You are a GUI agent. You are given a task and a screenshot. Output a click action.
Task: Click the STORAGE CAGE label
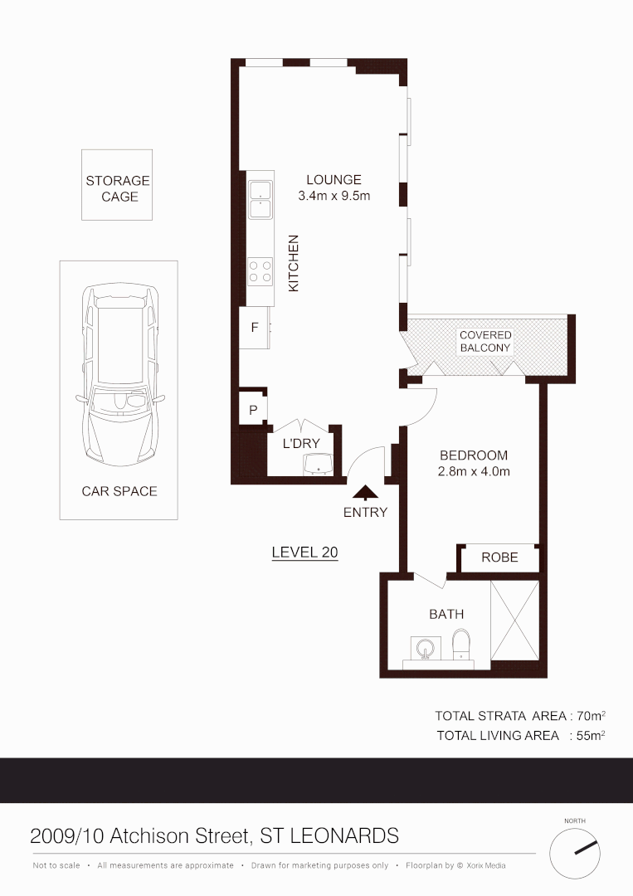click(117, 188)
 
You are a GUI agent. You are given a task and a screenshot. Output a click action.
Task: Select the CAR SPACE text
click(119, 491)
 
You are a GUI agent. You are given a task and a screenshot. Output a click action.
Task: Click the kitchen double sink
click(261, 199)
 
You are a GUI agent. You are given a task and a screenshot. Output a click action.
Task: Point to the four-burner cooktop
click(261, 271)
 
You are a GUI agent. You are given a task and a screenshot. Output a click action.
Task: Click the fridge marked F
click(255, 327)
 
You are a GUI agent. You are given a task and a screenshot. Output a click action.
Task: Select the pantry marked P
click(253, 410)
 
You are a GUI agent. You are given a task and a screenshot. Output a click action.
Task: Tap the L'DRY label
click(300, 444)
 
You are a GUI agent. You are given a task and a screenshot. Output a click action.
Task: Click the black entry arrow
click(365, 494)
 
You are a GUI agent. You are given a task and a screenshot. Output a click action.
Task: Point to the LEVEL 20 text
click(304, 553)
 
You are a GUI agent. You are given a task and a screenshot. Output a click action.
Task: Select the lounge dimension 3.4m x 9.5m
click(334, 197)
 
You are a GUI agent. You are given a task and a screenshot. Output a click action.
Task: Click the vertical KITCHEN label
click(293, 263)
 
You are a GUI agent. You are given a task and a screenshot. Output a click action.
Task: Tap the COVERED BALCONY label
click(485, 342)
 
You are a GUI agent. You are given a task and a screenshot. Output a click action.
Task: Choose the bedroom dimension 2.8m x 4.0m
click(474, 472)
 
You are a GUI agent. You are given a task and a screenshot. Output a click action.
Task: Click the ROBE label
click(499, 558)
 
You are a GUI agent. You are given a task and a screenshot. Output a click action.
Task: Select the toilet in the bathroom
click(461, 643)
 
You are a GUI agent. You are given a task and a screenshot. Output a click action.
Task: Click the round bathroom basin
click(424, 646)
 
